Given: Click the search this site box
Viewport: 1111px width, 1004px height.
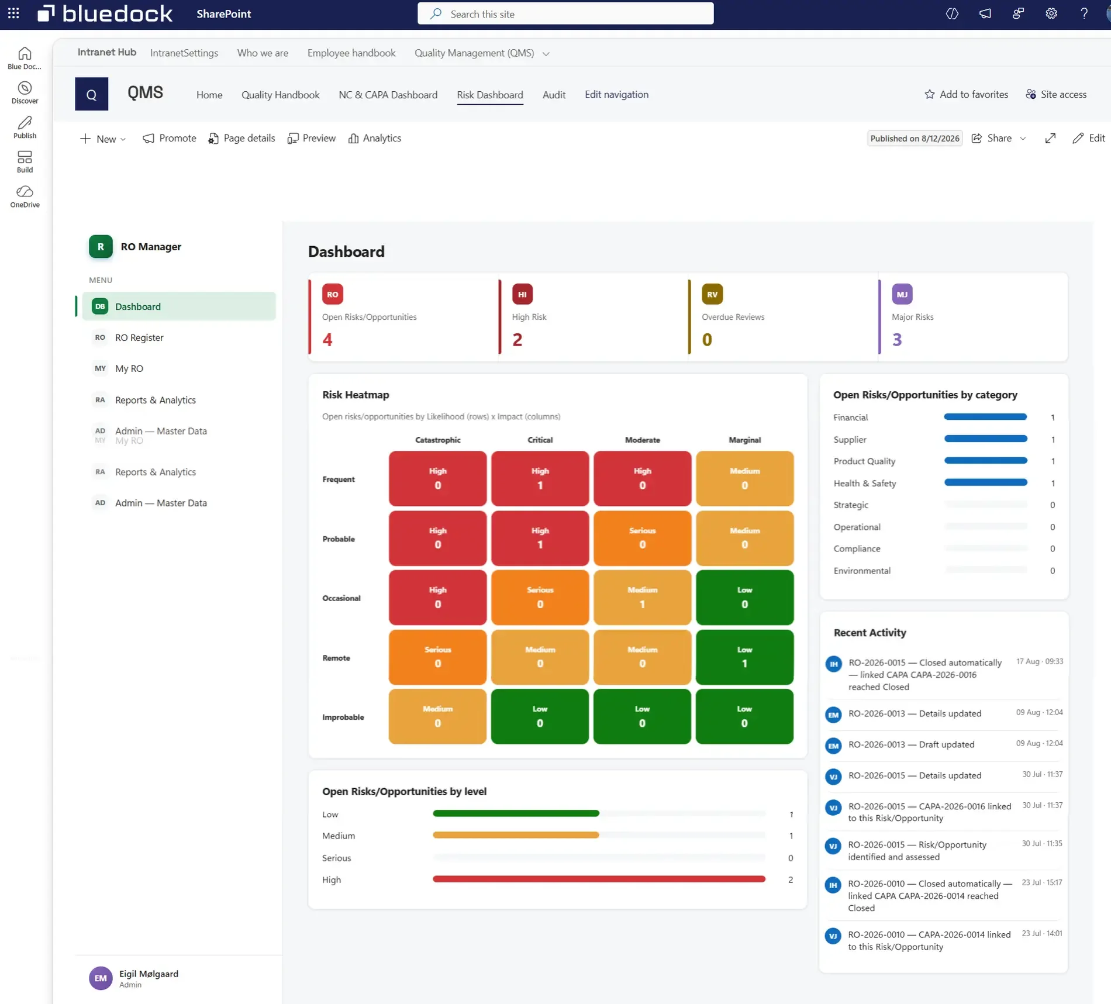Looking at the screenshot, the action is point(565,14).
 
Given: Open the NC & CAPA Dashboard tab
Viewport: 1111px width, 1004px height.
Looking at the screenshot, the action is point(388,95).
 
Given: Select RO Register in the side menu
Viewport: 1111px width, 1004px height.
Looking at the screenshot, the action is point(139,337).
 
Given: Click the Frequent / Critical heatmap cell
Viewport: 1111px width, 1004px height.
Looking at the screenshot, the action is point(540,478).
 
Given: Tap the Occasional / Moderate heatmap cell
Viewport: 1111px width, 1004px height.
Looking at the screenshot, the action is point(642,598).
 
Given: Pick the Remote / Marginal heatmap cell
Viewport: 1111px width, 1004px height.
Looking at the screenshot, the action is point(744,657).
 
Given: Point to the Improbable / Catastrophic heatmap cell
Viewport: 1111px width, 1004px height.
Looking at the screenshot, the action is point(437,716).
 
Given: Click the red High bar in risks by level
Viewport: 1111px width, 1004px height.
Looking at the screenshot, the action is point(599,879).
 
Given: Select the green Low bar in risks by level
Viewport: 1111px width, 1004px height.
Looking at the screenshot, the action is point(516,813).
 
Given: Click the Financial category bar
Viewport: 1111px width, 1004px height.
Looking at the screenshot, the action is point(985,417).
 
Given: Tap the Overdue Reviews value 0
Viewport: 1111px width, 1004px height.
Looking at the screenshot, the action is point(707,340).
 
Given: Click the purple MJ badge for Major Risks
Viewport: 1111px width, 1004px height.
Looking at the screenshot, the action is point(902,294).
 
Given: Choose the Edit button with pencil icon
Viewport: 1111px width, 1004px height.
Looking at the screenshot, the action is point(1088,138).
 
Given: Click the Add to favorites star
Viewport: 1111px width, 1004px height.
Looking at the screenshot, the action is point(929,94).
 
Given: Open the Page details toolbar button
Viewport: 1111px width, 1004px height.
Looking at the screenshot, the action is point(241,138).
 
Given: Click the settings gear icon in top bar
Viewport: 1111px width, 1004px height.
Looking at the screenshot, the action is point(1051,13).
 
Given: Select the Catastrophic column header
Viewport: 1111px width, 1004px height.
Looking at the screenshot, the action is point(437,440).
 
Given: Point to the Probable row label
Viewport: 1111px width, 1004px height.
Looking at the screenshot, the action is point(339,539).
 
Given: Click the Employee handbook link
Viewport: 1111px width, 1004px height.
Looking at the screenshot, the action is point(351,53).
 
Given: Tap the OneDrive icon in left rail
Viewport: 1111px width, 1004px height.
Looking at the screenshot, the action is point(25,192).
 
